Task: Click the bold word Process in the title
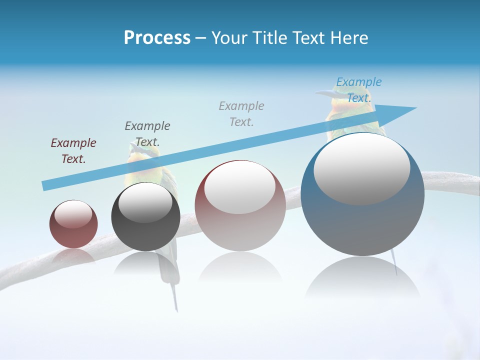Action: (x=157, y=38)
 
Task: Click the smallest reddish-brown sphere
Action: (x=73, y=224)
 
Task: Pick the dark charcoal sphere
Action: (x=145, y=217)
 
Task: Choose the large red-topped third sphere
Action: (x=240, y=206)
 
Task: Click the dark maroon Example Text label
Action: (x=73, y=151)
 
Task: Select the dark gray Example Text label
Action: (x=147, y=134)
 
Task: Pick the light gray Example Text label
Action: (x=241, y=113)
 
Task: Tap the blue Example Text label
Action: (x=358, y=90)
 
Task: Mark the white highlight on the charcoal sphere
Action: (x=145, y=201)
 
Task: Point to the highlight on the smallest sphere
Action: (x=73, y=214)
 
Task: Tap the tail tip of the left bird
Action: (x=176, y=307)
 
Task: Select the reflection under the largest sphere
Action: (x=362, y=278)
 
